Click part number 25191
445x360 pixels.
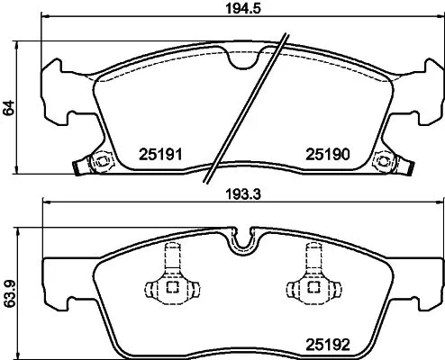(159, 154)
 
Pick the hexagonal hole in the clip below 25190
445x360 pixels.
(387, 163)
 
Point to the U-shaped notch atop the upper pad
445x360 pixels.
(242, 58)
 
